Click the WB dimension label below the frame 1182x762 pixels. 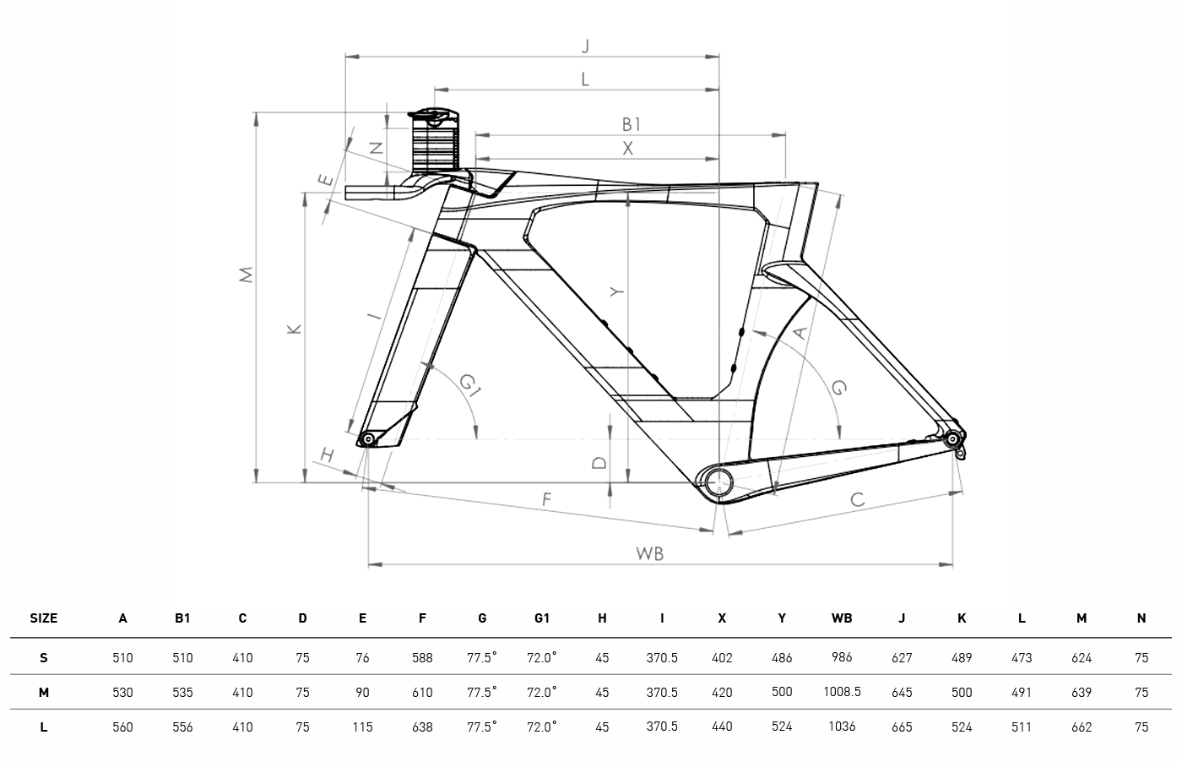click(x=649, y=553)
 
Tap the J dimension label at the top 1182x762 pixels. click(x=584, y=46)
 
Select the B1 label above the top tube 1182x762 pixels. click(x=632, y=124)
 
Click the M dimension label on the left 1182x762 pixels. click(x=246, y=275)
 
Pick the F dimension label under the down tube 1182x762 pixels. click(x=546, y=499)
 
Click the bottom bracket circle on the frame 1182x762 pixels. click(x=718, y=481)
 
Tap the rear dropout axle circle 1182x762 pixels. click(x=953, y=438)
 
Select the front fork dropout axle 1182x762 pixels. click(x=367, y=438)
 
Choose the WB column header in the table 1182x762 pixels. click(x=841, y=618)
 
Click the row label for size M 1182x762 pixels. click(x=44, y=693)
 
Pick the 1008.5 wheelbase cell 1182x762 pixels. click(x=842, y=692)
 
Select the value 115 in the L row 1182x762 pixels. click(x=362, y=727)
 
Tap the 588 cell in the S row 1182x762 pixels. click(x=422, y=658)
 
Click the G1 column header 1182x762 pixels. click(x=542, y=618)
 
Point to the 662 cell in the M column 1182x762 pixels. click(x=1082, y=727)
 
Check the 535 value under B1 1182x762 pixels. click(x=182, y=693)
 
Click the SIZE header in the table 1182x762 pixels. click(x=44, y=618)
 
